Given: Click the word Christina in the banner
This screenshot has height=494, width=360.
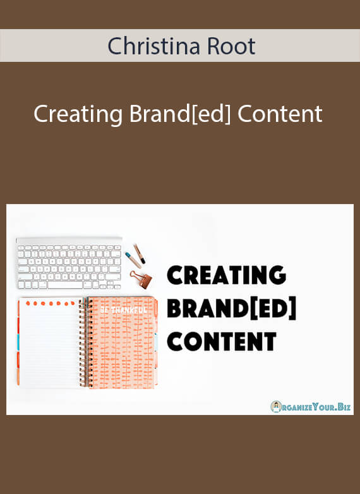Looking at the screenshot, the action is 153,46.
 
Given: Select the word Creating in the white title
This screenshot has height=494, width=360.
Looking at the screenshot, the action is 78,115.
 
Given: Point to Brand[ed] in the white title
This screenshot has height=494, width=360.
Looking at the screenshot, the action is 180,115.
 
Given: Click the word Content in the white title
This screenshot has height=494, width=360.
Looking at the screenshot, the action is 280,114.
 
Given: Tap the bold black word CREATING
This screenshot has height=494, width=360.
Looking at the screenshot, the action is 227,275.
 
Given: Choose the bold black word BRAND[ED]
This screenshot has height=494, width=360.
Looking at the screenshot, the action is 232,308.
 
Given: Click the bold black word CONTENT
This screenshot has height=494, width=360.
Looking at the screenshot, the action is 222,341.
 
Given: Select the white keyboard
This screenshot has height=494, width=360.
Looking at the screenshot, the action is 69,263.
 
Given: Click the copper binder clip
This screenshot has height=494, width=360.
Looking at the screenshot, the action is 141,279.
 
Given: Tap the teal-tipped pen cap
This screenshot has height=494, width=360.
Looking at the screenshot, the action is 133,260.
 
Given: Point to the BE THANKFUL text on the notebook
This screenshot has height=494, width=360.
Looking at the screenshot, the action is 123,310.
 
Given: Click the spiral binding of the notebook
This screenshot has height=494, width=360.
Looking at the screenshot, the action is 83,342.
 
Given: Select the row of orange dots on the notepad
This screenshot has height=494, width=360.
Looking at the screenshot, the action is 51,303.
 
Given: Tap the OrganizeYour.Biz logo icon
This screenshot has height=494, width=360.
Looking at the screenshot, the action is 276,407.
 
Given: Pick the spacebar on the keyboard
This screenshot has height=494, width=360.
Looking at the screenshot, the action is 65,285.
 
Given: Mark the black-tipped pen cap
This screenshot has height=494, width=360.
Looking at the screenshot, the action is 139,254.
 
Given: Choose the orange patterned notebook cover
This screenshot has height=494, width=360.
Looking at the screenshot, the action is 122,342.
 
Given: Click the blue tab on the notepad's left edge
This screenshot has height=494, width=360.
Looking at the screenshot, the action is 18,342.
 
